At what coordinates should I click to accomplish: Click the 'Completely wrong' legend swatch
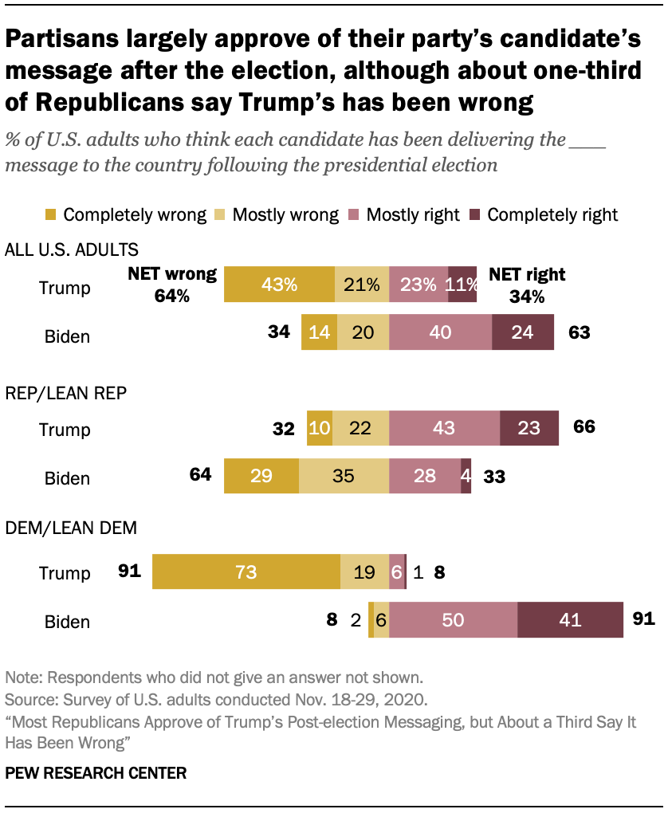(51, 215)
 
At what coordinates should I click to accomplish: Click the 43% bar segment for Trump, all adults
(279, 285)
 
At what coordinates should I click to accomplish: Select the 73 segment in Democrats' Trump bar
(246, 572)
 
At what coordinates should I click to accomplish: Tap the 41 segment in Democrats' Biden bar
(570, 620)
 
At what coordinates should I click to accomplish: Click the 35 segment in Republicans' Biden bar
(344, 477)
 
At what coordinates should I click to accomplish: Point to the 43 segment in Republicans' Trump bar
(444, 429)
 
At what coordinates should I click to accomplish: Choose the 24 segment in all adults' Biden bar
(523, 332)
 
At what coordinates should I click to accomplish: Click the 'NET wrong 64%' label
(172, 285)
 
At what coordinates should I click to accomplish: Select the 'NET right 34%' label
(526, 285)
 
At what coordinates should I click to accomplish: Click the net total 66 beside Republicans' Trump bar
(584, 428)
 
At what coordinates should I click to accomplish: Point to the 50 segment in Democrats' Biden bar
(453, 620)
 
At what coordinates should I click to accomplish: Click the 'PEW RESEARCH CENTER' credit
(96, 772)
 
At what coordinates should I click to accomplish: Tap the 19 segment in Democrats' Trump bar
(364, 572)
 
